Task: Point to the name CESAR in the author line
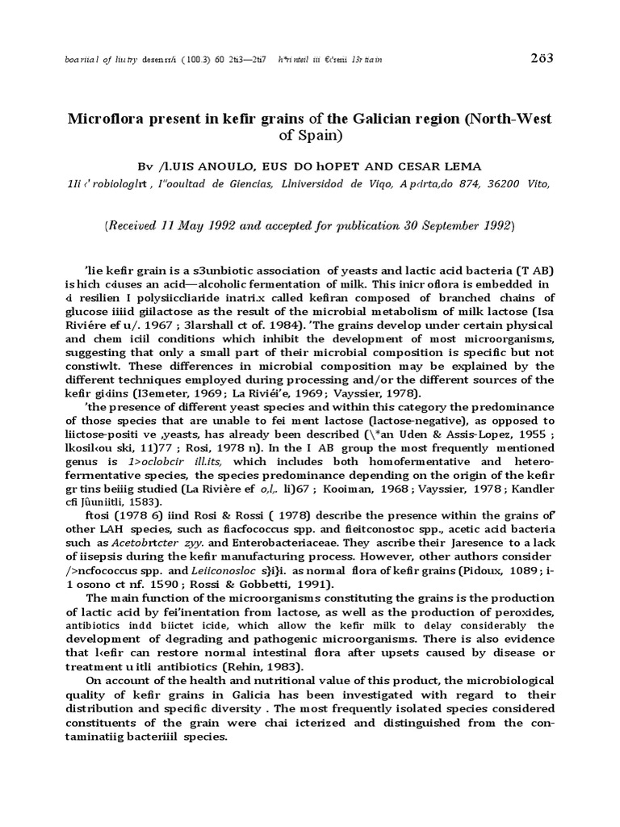(399, 166)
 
